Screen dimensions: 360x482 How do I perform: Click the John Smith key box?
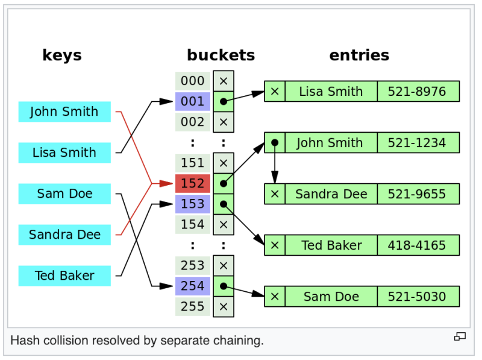[x=64, y=112]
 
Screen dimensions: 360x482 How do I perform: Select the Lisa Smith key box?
[x=64, y=153]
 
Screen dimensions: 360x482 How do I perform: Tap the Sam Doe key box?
[x=64, y=194]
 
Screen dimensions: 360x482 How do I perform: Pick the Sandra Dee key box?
[x=64, y=235]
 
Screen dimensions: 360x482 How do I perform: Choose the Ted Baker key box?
[x=64, y=276]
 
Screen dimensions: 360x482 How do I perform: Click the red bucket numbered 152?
[x=193, y=183]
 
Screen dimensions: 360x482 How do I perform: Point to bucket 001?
[x=193, y=101]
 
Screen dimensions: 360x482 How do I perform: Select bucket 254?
[x=193, y=286]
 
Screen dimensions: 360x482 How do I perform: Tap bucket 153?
[x=193, y=204]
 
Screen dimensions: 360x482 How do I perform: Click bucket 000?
[x=193, y=81]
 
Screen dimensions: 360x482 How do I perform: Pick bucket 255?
[x=193, y=306]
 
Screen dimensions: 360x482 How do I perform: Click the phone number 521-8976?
[x=417, y=92]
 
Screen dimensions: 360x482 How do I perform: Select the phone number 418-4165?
[x=417, y=245]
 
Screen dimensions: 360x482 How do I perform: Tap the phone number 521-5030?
[x=417, y=297]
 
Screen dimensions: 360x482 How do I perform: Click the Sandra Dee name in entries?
[x=331, y=194]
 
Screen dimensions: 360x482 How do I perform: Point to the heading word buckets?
[x=221, y=55]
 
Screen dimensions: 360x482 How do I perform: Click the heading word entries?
[x=359, y=55]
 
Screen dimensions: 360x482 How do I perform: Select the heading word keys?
[x=62, y=55]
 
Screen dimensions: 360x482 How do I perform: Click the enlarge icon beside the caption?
[x=460, y=336]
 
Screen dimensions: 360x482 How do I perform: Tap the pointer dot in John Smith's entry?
[x=275, y=143]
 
